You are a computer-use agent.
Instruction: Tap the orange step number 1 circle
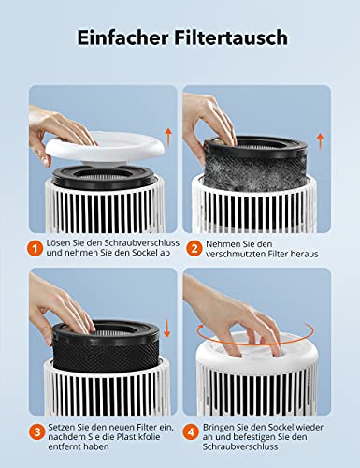pos(32,249)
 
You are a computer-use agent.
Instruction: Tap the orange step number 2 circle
pos(194,249)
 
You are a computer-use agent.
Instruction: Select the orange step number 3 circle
pos(32,432)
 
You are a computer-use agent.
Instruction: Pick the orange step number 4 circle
pos(194,432)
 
